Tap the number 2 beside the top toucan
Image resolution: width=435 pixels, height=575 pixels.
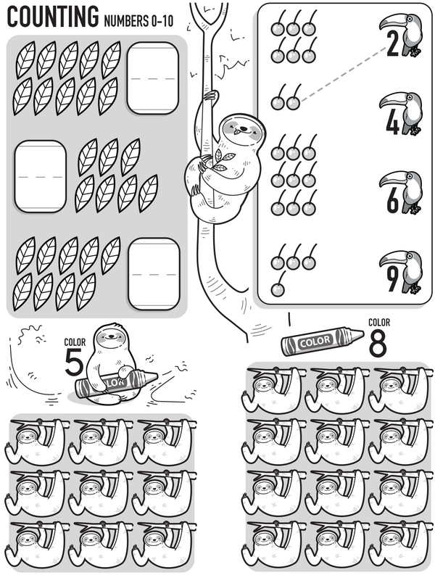[392, 46]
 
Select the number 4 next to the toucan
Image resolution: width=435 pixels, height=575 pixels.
[392, 123]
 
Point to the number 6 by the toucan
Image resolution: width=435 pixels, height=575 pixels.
[392, 201]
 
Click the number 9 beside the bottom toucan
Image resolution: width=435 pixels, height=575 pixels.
[392, 279]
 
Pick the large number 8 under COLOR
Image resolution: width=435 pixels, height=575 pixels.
[378, 344]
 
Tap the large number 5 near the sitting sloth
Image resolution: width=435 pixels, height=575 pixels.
[74, 362]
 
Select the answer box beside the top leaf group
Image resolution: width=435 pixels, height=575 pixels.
[152, 78]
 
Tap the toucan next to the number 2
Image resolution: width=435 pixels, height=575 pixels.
[407, 33]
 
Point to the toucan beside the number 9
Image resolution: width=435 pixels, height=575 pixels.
[407, 268]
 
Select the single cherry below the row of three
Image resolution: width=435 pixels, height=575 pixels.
[277, 289]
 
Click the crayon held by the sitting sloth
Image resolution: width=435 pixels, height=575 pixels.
[116, 381]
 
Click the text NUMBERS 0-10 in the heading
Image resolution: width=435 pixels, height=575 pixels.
[139, 20]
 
